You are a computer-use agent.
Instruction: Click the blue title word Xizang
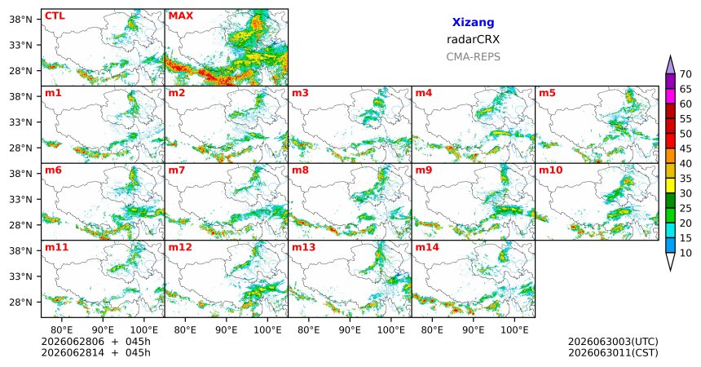point(473,22)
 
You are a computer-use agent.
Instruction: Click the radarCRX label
point(473,39)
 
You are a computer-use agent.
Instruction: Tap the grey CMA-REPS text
point(473,57)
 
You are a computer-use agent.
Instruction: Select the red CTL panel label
point(55,16)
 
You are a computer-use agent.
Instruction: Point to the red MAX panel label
point(181,16)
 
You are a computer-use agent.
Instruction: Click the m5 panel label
point(547,93)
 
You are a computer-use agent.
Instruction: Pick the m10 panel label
point(550,170)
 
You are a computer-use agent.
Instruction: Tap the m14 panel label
point(427,247)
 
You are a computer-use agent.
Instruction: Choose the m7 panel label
point(177,170)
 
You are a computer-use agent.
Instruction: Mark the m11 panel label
point(56,247)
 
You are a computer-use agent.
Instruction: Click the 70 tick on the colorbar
point(686,74)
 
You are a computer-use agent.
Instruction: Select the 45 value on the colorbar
point(686,148)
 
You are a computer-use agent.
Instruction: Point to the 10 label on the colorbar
point(686,254)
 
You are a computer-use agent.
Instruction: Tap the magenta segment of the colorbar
point(670,96)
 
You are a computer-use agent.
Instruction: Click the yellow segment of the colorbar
point(670,186)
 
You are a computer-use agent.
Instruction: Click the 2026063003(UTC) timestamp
point(613,342)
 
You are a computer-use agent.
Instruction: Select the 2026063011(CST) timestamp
point(613,352)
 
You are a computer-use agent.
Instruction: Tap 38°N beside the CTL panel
point(20,20)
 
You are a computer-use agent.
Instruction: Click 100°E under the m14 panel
point(514,330)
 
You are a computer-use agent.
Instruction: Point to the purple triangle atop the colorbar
point(670,64)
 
